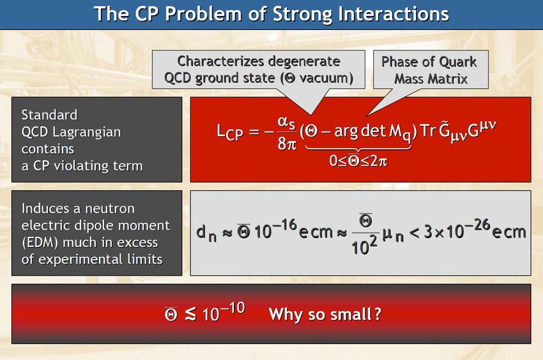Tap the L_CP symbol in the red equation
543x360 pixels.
[229, 132]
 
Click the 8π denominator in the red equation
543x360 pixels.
[287, 144]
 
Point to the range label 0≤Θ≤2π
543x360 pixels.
[358, 161]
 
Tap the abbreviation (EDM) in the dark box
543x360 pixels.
[40, 243]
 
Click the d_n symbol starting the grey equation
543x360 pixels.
[206, 234]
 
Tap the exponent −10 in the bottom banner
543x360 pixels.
[233, 308]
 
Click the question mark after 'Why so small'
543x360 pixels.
[378, 314]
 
